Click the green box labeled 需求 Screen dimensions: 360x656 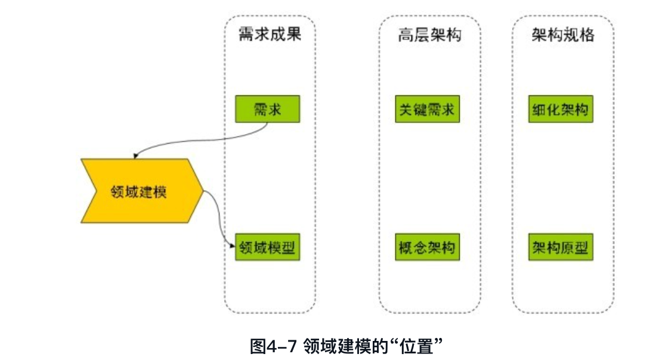point(267,110)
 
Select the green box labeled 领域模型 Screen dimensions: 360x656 point(267,247)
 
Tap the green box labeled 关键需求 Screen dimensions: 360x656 point(427,110)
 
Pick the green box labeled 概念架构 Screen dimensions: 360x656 point(427,247)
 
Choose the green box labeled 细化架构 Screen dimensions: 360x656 point(561,110)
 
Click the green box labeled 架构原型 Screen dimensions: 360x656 point(561,247)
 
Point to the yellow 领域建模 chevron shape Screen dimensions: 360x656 point(142,191)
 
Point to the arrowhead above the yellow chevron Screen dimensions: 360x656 point(136,156)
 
